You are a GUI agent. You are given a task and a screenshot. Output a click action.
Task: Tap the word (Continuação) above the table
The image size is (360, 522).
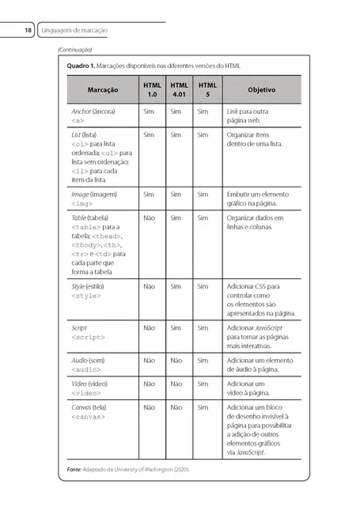pyautogui.click(x=75, y=50)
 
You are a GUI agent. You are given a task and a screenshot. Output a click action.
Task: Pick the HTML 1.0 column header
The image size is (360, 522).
pyautogui.click(x=151, y=89)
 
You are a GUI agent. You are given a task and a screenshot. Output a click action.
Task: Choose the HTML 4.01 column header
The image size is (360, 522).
pyautogui.click(x=180, y=89)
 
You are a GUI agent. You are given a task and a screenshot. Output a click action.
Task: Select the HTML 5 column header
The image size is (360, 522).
pyautogui.click(x=207, y=89)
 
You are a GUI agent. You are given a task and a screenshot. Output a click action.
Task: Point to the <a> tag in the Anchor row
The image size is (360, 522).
pyautogui.click(x=77, y=122)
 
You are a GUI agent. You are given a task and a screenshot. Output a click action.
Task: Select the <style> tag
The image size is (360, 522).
pyautogui.click(x=86, y=295)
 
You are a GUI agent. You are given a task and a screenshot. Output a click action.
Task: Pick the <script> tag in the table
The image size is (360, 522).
pyautogui.click(x=88, y=337)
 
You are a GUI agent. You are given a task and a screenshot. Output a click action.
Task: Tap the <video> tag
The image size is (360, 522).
pyautogui.click(x=86, y=392)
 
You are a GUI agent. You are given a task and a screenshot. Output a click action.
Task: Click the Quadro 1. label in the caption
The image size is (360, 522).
pyautogui.click(x=82, y=66)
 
